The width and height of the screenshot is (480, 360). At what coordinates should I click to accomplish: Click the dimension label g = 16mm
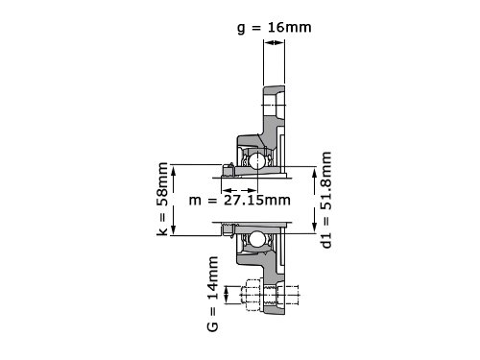click(x=275, y=28)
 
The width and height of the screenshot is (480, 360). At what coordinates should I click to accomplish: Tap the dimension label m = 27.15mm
click(x=240, y=201)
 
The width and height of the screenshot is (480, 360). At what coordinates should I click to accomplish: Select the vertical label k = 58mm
click(x=162, y=200)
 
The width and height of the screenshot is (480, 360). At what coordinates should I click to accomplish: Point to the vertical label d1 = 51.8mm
click(x=326, y=200)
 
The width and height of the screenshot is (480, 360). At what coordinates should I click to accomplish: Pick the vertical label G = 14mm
click(x=213, y=294)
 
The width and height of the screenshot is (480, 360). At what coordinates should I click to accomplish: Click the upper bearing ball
click(x=257, y=161)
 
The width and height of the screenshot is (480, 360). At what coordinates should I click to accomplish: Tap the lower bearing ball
click(x=257, y=239)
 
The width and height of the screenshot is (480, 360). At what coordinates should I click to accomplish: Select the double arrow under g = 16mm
click(x=274, y=42)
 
